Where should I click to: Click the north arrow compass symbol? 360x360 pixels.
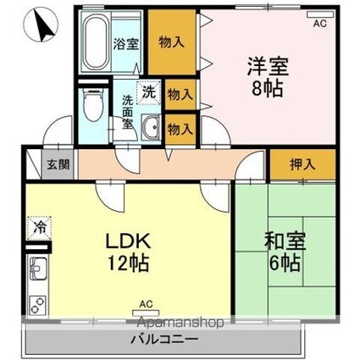40,30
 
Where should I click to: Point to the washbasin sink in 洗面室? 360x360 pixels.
150,128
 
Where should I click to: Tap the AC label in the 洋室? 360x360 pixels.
319,25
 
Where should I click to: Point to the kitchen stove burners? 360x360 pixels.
37,303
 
